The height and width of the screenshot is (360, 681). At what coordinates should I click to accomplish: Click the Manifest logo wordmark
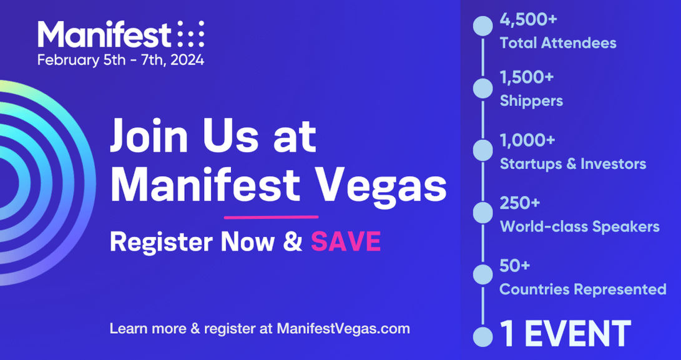tap(104, 35)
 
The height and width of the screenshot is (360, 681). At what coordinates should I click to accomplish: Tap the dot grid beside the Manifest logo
tap(190, 34)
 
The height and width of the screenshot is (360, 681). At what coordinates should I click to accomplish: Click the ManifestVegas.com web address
tap(344, 328)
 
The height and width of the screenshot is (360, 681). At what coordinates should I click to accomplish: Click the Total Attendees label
tap(558, 43)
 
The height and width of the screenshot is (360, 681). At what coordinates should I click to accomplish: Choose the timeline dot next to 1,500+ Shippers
tap(483, 88)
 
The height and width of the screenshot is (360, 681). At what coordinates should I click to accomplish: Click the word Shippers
tap(531, 100)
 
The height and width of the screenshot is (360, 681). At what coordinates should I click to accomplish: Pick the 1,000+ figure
tap(527, 141)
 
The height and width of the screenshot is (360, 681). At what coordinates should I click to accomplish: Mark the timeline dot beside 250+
tap(483, 212)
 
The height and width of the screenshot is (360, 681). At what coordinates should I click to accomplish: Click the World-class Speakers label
tap(579, 226)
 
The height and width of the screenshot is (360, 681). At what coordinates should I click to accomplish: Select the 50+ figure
tap(515, 266)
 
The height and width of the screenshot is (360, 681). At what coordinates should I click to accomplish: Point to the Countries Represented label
tap(583, 289)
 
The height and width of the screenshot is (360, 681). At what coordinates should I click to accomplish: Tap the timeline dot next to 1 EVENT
tap(483, 336)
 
